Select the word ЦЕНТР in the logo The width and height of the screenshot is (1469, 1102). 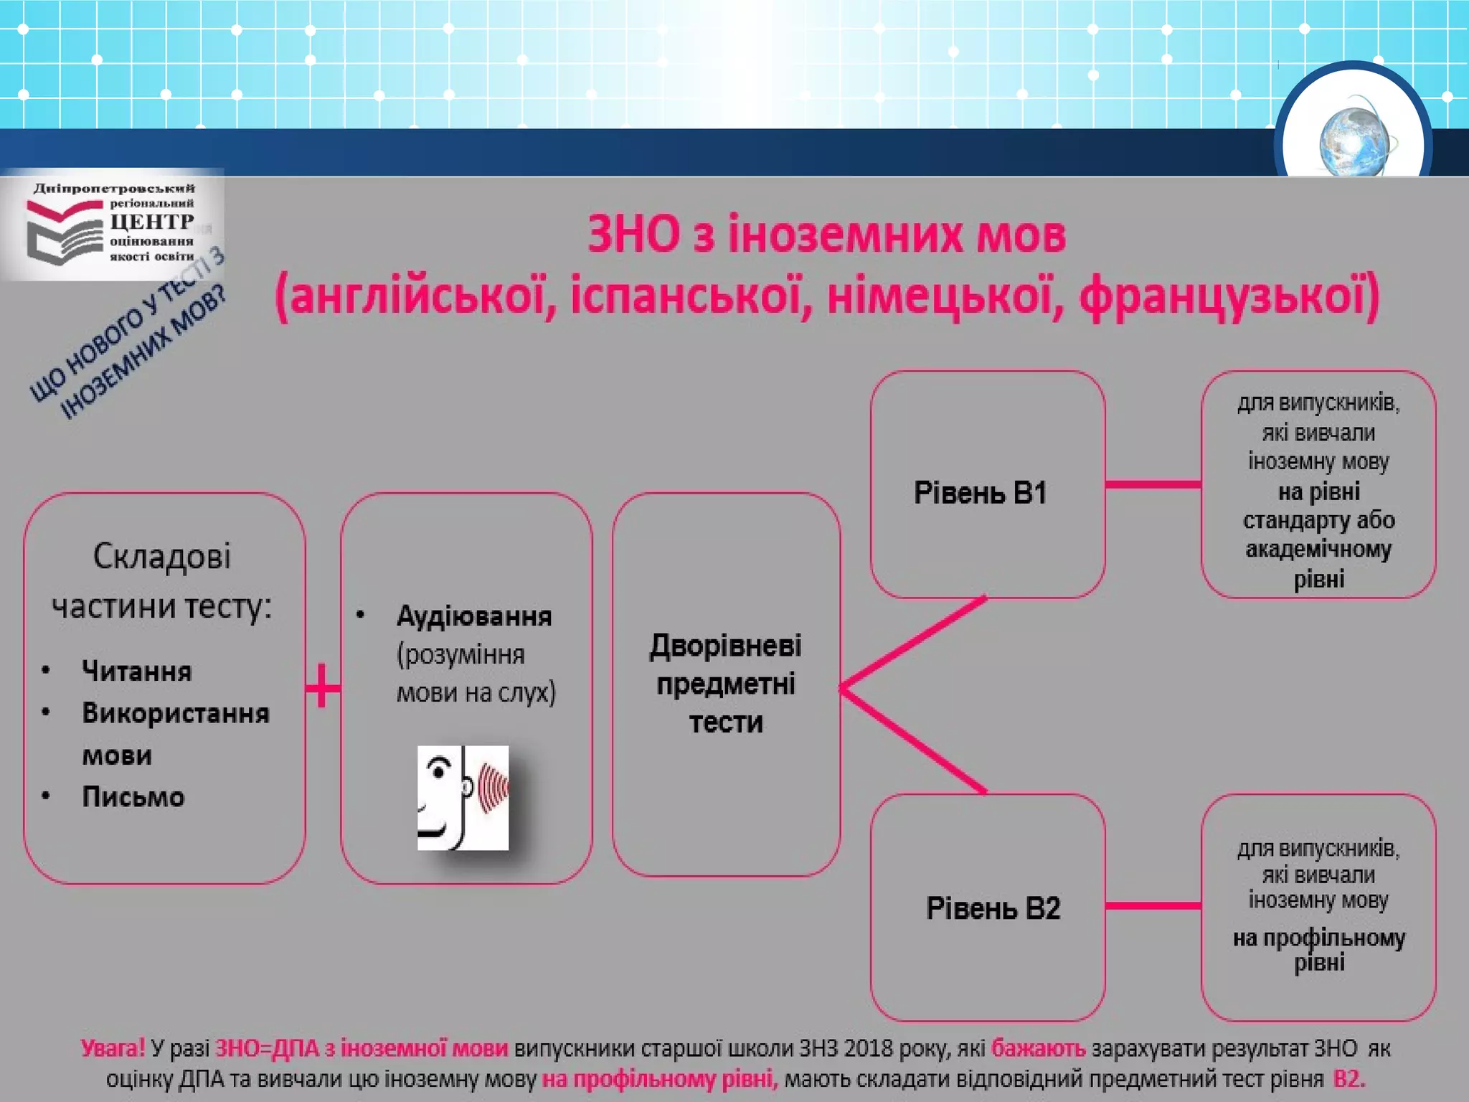pyautogui.click(x=151, y=222)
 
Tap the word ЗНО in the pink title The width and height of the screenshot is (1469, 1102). pyautogui.click(x=633, y=235)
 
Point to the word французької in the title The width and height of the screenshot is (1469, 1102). pyautogui.click(x=1229, y=296)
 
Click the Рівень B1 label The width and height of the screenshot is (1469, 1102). pyautogui.click(x=980, y=493)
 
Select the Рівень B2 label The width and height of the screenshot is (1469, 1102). pyautogui.click(x=993, y=908)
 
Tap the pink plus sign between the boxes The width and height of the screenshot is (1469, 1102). pyautogui.click(x=322, y=687)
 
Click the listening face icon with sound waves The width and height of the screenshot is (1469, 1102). pyautogui.click(x=463, y=798)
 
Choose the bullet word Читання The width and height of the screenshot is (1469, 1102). pyautogui.click(x=137, y=672)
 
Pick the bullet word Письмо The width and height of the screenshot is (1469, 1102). pyautogui.click(x=133, y=797)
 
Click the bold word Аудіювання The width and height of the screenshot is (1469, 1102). pyautogui.click(x=474, y=616)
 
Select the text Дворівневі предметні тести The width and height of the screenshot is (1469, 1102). pyautogui.click(x=726, y=684)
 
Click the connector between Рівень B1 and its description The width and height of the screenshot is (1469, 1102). pyautogui.click(x=1153, y=485)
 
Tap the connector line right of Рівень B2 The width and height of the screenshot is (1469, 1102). pyautogui.click(x=1153, y=906)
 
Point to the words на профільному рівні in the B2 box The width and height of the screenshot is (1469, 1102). pyautogui.click(x=1318, y=949)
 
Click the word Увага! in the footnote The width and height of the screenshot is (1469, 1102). pyautogui.click(x=113, y=1048)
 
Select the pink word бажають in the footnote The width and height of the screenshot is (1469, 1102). pyautogui.click(x=1038, y=1048)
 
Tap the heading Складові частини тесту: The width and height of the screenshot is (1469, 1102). pyautogui.click(x=162, y=581)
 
